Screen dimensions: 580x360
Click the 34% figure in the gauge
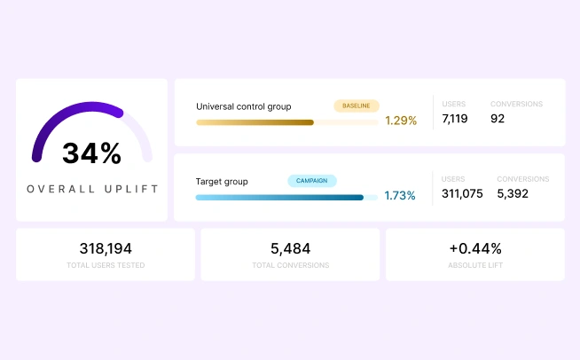(91, 153)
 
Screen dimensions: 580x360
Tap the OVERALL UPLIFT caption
(92, 189)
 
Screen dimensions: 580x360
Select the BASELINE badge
(357, 106)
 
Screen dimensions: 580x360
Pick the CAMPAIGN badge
(312, 181)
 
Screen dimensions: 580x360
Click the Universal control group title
(244, 106)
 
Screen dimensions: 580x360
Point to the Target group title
(222, 182)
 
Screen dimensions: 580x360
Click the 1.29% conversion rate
(401, 121)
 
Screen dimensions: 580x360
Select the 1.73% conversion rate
(400, 195)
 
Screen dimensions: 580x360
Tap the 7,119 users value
(455, 119)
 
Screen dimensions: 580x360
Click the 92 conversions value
(498, 119)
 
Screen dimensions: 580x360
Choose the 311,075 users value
(462, 193)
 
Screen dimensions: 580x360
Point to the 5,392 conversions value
(513, 193)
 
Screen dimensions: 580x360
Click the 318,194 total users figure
(106, 248)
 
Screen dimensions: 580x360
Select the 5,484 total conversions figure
(290, 248)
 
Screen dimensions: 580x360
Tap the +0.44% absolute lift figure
(475, 248)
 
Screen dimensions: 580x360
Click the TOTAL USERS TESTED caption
(106, 265)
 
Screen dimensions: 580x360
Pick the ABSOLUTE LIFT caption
(475, 265)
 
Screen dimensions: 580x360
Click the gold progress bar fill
(255, 122)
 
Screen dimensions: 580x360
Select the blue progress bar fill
(279, 198)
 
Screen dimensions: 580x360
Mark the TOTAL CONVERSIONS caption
(291, 265)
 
